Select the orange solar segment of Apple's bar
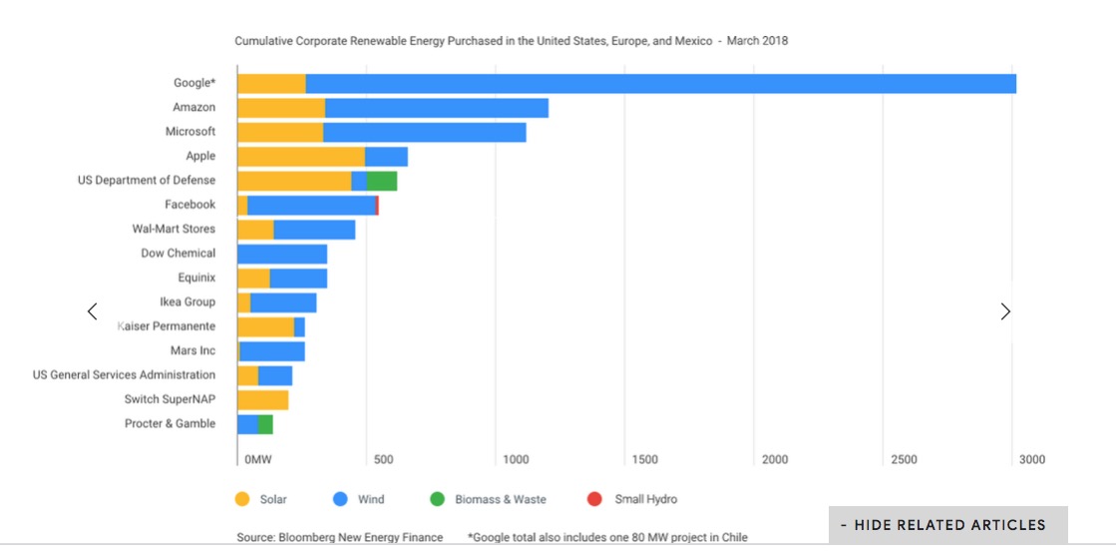[x=301, y=157]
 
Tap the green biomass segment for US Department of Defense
[x=382, y=181]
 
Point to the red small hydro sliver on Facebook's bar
[x=377, y=205]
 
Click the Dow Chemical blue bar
[x=282, y=254]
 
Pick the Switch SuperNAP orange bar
[x=263, y=400]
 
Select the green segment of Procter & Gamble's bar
[x=266, y=424]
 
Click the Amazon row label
[x=193, y=107]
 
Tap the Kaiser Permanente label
[x=167, y=326]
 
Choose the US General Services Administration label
[x=124, y=375]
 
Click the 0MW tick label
[x=257, y=459]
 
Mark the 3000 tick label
[x=1031, y=459]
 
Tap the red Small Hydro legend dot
[x=595, y=499]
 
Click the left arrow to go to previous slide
[x=93, y=311]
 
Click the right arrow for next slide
[x=1005, y=311]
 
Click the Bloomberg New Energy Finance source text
[x=340, y=537]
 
